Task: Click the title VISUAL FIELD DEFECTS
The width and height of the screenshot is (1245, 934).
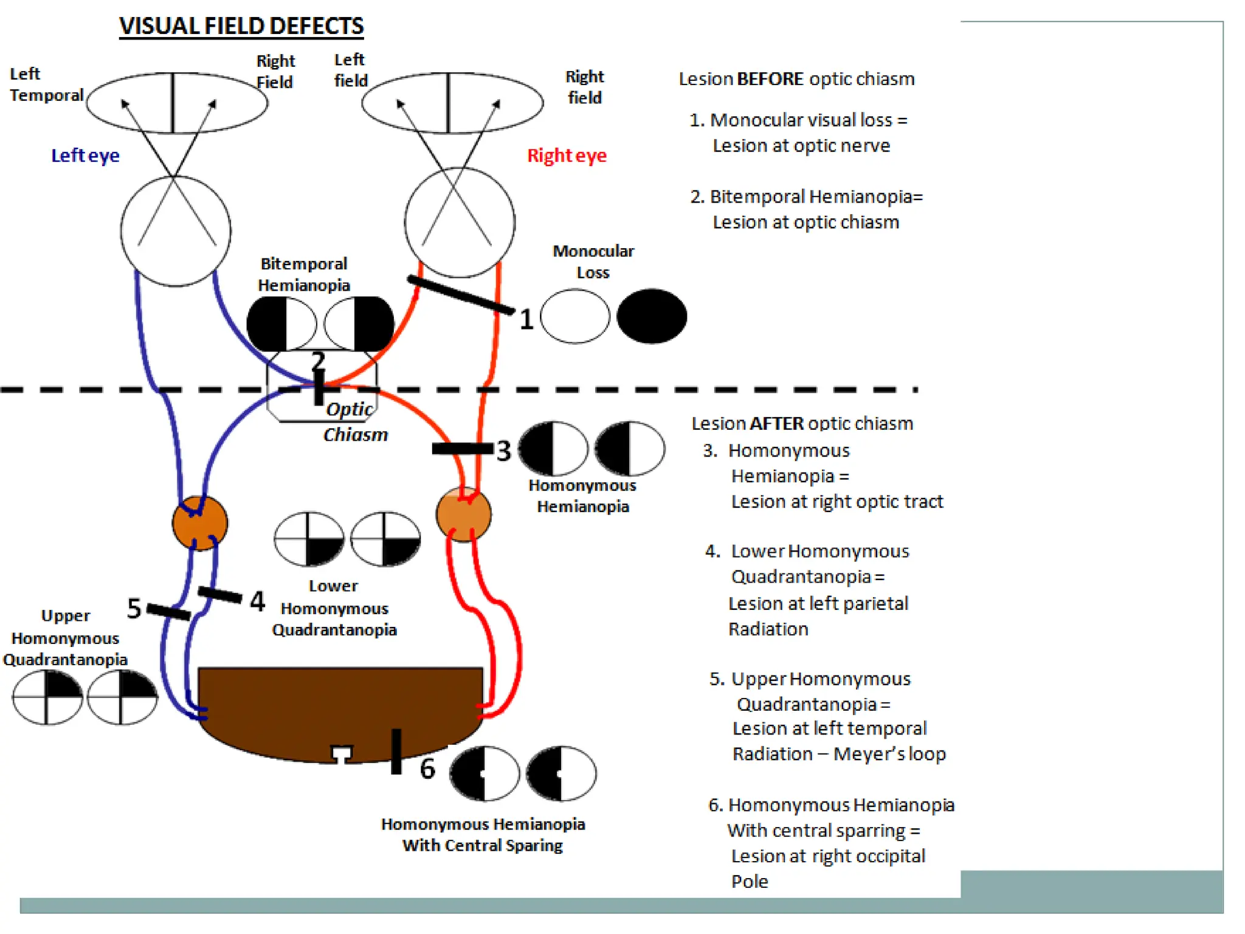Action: pyautogui.click(x=241, y=26)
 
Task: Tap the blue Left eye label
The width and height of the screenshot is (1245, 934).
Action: pyautogui.click(x=85, y=156)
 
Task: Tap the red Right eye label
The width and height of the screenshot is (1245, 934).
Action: pyautogui.click(x=566, y=156)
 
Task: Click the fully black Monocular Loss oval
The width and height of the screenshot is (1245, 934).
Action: pyautogui.click(x=652, y=316)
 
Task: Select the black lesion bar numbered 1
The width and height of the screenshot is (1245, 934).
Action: pyautogui.click(x=460, y=295)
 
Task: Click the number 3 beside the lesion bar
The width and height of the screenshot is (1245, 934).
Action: pyautogui.click(x=503, y=451)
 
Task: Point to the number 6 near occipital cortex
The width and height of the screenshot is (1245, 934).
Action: pyautogui.click(x=427, y=769)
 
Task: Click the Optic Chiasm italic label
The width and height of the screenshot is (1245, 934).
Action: pyautogui.click(x=354, y=422)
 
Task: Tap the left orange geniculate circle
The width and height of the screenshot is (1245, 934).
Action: pyautogui.click(x=200, y=523)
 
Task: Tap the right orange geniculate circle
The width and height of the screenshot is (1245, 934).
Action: pyautogui.click(x=463, y=514)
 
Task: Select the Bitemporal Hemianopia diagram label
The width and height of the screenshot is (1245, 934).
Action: pyautogui.click(x=303, y=274)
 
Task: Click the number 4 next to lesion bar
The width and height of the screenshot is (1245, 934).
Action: pyautogui.click(x=257, y=601)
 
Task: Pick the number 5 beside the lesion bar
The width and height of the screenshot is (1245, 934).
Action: pyautogui.click(x=134, y=609)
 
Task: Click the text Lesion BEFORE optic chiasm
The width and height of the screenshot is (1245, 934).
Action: pyautogui.click(x=796, y=79)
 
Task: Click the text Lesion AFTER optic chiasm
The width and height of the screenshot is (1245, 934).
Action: pyautogui.click(x=802, y=423)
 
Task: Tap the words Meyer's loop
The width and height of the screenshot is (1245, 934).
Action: pyautogui.click(x=889, y=754)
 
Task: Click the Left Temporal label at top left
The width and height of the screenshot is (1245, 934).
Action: pyautogui.click(x=46, y=85)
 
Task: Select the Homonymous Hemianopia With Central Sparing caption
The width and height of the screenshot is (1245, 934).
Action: pyautogui.click(x=483, y=834)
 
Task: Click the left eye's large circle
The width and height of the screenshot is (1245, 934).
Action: pyautogui.click(x=176, y=231)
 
